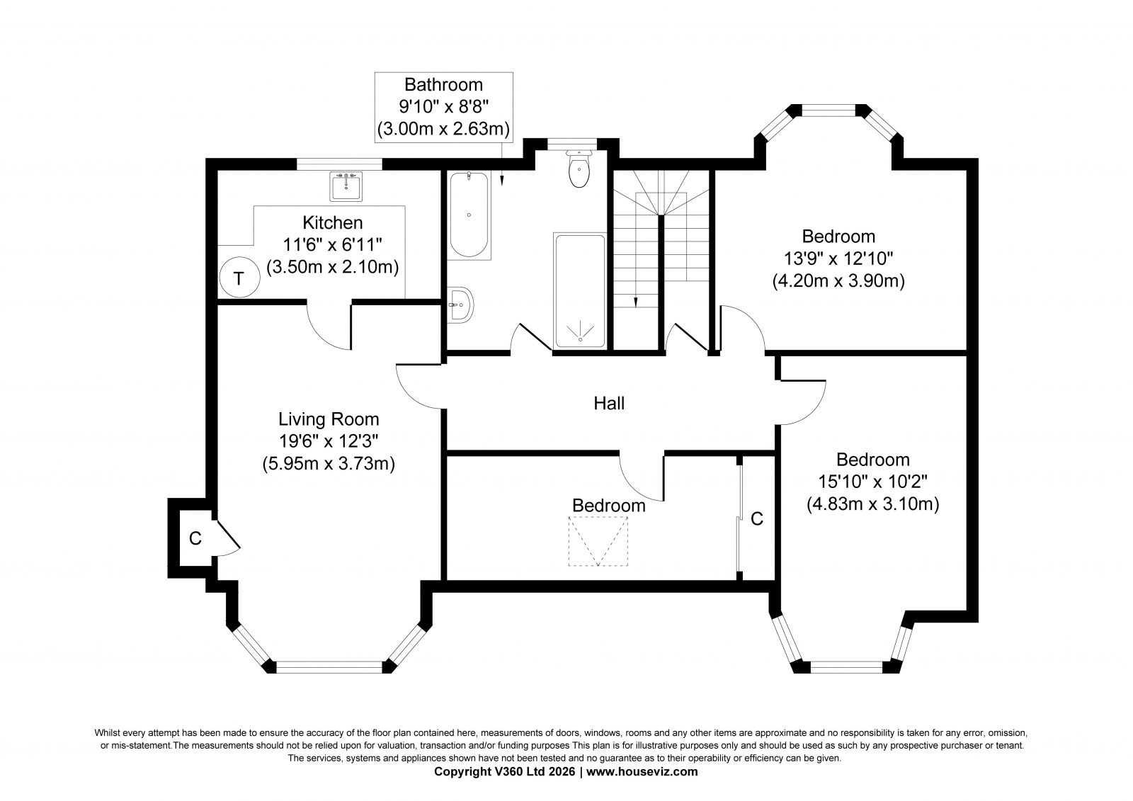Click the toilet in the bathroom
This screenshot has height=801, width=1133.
click(x=579, y=169)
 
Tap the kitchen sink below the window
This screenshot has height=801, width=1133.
click(x=346, y=186)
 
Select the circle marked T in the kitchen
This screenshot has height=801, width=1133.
click(x=239, y=278)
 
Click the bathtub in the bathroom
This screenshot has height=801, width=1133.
click(x=469, y=215)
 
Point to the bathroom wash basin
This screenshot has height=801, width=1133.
click(x=460, y=305)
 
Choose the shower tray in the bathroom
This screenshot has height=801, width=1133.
click(x=580, y=291)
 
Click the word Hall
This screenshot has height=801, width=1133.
click(x=609, y=403)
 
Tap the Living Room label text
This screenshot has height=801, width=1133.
click(x=329, y=419)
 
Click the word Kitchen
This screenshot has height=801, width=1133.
click(x=332, y=222)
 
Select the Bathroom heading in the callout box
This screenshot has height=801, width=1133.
click(x=443, y=84)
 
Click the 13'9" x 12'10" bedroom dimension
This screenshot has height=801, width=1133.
click(x=838, y=259)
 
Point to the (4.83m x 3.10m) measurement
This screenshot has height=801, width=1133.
click(x=872, y=504)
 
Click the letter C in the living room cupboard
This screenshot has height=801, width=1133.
click(x=195, y=538)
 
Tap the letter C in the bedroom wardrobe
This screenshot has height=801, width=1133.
click(x=757, y=518)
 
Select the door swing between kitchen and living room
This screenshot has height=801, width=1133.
click(x=329, y=327)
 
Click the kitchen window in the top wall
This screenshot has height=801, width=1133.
click(x=339, y=164)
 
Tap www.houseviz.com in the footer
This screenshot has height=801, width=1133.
click(x=642, y=772)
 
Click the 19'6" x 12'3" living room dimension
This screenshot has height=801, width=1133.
click(x=329, y=441)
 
